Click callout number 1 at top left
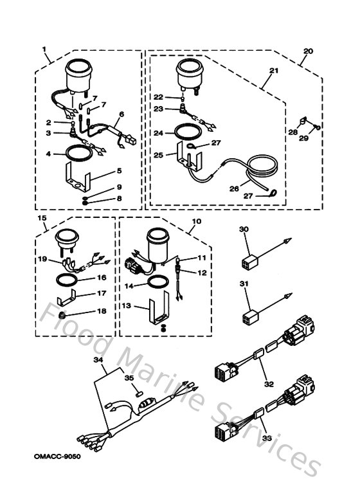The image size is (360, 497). [x=44, y=50]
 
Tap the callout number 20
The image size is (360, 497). [x=308, y=51]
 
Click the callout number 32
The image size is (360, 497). [x=269, y=384]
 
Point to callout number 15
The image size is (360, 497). [x=44, y=219]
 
